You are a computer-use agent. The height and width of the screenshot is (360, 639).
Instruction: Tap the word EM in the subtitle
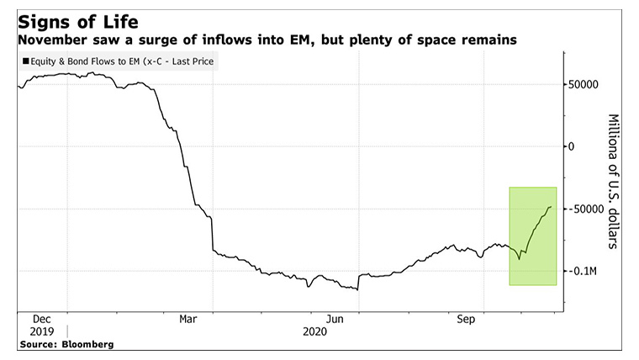pos(292,40)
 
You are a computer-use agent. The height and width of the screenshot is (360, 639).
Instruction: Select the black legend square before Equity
pos(26,61)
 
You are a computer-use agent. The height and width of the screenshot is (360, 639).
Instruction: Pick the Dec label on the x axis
pos(42,320)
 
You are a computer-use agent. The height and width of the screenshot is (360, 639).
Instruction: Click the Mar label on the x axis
pos(188,320)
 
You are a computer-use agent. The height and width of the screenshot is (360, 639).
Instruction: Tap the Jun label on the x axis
pos(335,320)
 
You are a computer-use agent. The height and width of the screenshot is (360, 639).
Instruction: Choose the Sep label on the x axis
pos(465,320)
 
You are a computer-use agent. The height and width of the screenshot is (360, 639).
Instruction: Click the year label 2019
pos(42,331)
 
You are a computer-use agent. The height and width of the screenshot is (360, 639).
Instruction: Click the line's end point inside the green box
pos(552,207)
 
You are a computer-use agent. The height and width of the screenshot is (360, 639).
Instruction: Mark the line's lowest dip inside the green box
pos(519,259)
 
